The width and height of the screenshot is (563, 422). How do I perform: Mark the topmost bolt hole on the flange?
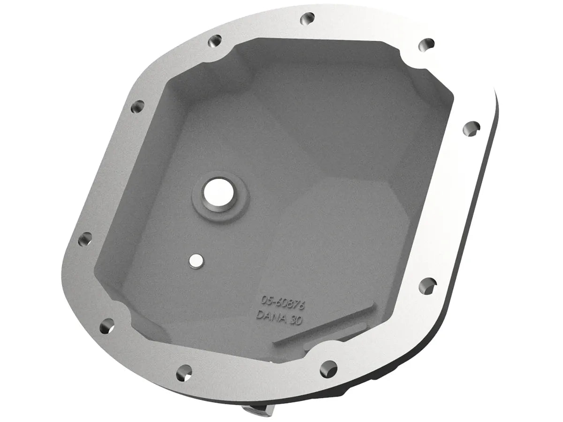pyautogui.click(x=308, y=19)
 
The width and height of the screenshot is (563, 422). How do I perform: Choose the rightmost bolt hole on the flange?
pyautogui.click(x=473, y=127)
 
